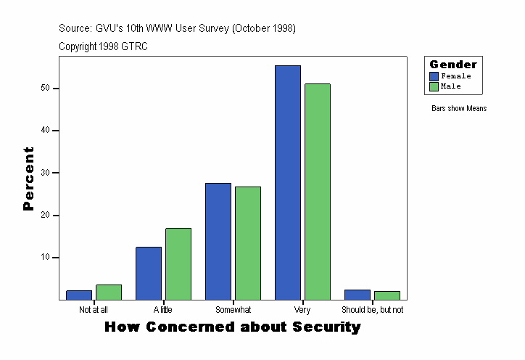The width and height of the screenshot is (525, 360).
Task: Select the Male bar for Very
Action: [x=318, y=192]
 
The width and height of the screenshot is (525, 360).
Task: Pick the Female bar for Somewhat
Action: [x=218, y=242]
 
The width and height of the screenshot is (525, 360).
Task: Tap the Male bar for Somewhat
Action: [x=248, y=243]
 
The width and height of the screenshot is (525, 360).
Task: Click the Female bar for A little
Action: [x=149, y=274]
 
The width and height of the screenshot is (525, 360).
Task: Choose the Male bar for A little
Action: [x=178, y=264]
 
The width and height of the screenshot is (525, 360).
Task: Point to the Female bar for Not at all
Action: [x=79, y=295]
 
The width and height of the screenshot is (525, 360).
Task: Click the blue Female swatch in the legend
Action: [x=434, y=76]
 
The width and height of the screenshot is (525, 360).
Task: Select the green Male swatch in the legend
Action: [x=434, y=86]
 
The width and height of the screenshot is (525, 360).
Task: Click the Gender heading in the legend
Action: [x=453, y=65]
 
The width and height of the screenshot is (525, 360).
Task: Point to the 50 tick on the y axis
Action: [x=45, y=89]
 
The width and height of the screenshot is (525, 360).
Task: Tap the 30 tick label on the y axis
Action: [x=45, y=173]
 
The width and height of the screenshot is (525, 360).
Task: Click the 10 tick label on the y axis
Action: [x=45, y=258]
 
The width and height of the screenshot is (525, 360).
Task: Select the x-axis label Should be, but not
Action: [x=372, y=310]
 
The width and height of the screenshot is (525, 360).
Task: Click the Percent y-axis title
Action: [x=28, y=179]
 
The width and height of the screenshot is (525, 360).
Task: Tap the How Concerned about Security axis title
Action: [x=232, y=327]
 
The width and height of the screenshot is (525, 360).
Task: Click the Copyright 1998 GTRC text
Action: [x=104, y=46]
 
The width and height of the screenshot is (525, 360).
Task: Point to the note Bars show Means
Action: [x=459, y=109]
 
